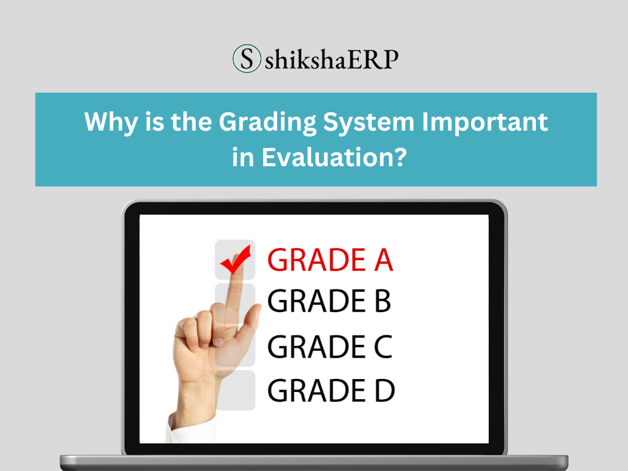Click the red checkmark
[236, 260]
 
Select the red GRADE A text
[330, 261]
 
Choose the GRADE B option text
[329, 302]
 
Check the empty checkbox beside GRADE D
[235, 391]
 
